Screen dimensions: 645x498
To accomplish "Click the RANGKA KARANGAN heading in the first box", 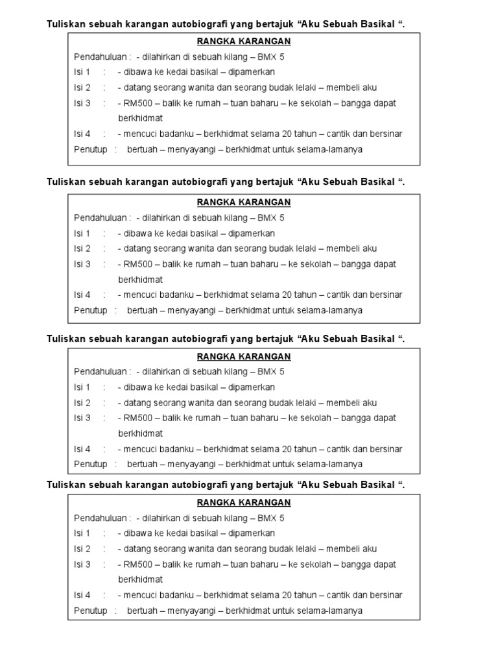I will [x=244, y=42].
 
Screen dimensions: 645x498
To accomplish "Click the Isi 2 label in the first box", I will [x=82, y=88].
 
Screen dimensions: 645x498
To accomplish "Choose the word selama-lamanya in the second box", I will [x=332, y=310].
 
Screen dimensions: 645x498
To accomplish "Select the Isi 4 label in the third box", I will [x=82, y=449].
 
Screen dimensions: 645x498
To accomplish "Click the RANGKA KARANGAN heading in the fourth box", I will [x=244, y=502].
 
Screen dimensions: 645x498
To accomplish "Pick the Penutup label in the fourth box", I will [x=91, y=611].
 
